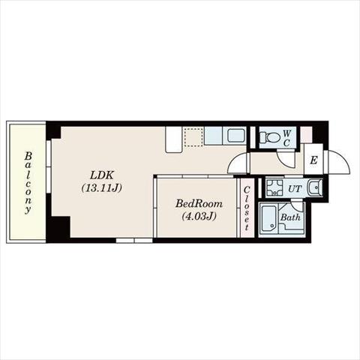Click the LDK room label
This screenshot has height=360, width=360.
coord(102,175)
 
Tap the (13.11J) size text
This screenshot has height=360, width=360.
coord(102,188)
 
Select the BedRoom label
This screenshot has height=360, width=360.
coord(199,203)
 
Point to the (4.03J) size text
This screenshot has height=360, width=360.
coord(199,216)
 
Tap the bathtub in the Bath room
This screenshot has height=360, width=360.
coord(268,219)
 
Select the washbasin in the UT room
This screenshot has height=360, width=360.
coord(315,187)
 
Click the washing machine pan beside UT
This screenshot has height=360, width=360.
coord(274,187)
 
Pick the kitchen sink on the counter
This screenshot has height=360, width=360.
coord(236,136)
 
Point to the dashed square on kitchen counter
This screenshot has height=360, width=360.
coord(193,137)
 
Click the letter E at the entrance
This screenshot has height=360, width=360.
coord(313,160)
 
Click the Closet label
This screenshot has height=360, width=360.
coord(247,208)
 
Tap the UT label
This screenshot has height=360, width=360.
coord(295,189)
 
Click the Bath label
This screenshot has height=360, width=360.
coord(290,217)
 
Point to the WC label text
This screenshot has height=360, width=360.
coord(286,138)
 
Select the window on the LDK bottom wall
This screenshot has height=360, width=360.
coord(134,241)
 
